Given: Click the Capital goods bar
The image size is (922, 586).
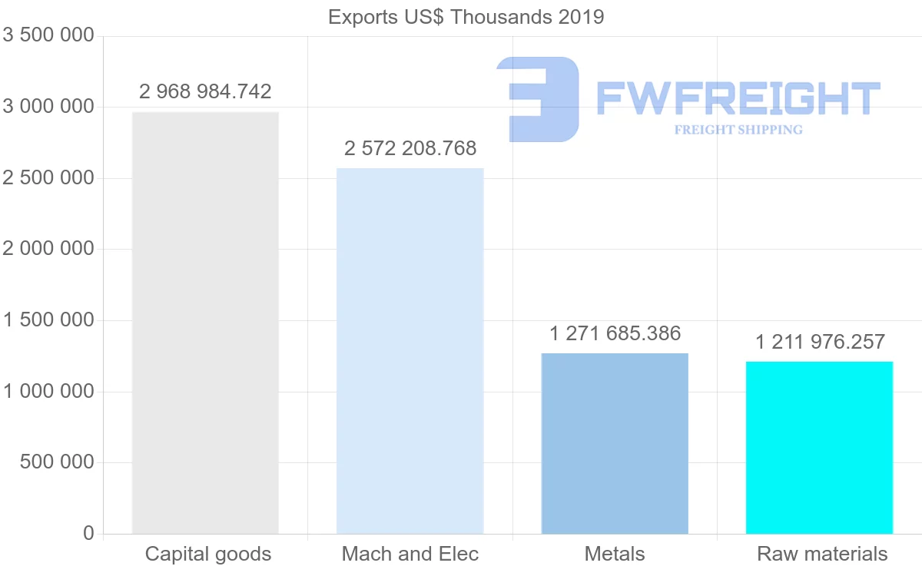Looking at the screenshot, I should tap(205, 323).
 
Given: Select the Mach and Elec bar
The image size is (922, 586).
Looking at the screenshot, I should tap(410, 350).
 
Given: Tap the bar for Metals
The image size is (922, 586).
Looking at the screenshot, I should tap(615, 443).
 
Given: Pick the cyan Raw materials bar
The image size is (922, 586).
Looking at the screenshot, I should tap(819, 447).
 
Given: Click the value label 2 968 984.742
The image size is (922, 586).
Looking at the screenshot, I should tap(205, 92).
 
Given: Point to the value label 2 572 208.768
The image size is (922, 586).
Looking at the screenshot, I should tap(410, 148).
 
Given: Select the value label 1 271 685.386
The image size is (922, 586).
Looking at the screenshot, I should tap(615, 333).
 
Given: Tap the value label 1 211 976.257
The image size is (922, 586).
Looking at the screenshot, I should tap(820, 342).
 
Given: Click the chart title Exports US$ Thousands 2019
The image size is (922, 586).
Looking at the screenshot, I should tap(466, 17).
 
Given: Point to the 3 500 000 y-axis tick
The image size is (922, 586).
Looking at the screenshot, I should tap(48, 36).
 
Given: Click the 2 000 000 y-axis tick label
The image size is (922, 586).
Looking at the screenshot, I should tap(48, 250).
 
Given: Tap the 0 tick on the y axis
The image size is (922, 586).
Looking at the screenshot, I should tap(88, 534).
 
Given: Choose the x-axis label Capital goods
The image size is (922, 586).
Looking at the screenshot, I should tap(208, 554).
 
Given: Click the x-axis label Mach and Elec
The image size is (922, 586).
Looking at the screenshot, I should tap(410, 554).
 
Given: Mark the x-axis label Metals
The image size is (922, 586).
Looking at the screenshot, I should tap(615, 554).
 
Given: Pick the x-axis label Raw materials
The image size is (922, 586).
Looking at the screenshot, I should tap(822, 554).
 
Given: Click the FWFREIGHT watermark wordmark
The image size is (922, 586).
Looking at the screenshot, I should tap(738, 98).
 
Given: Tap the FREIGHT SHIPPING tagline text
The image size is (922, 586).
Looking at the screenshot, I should tap(738, 130).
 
